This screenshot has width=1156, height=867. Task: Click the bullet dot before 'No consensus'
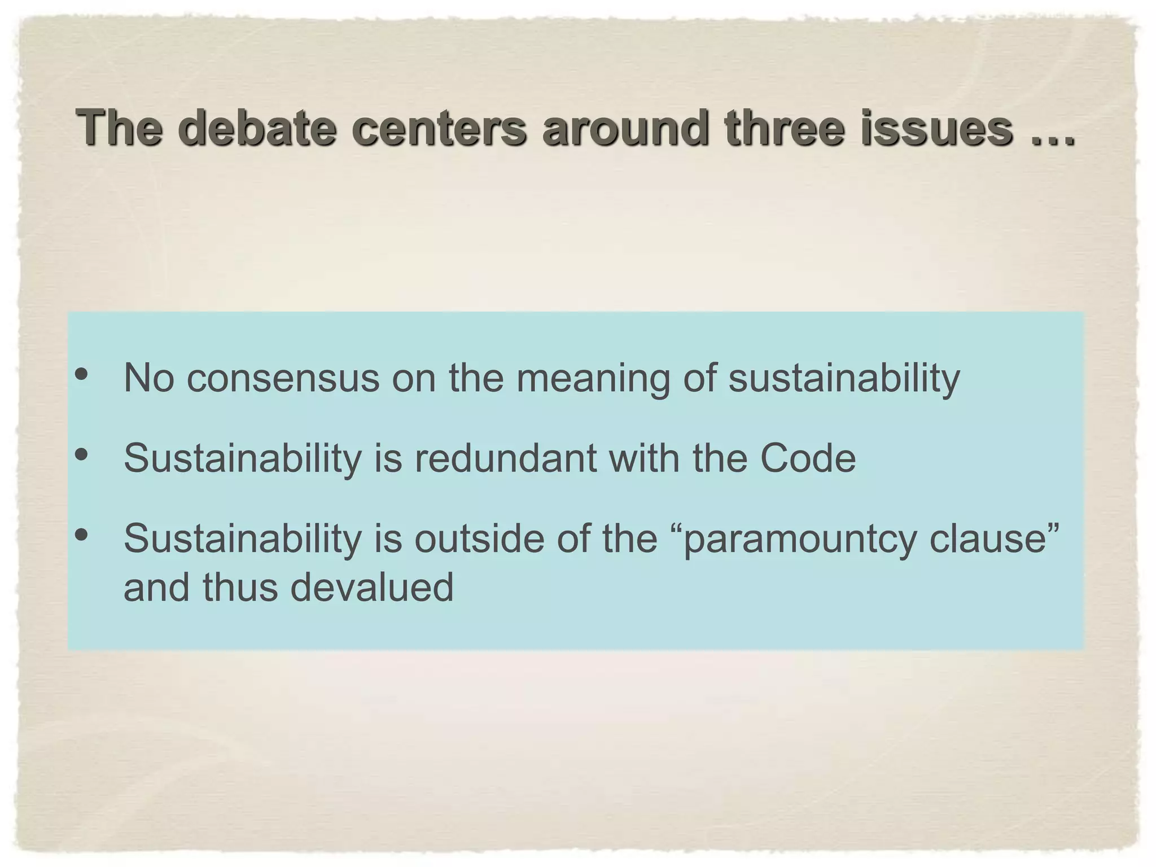81,374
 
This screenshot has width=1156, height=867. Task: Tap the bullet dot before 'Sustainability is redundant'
81,454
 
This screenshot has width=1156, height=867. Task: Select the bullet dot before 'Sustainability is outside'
81,534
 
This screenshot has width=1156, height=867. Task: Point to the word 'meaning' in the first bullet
593,378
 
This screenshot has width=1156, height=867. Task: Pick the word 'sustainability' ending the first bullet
844,378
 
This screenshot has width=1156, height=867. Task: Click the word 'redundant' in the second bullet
506,458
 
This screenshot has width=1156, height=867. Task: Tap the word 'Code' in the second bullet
808,458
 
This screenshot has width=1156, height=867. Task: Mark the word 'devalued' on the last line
372,587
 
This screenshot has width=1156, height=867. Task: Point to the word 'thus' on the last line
240,587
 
